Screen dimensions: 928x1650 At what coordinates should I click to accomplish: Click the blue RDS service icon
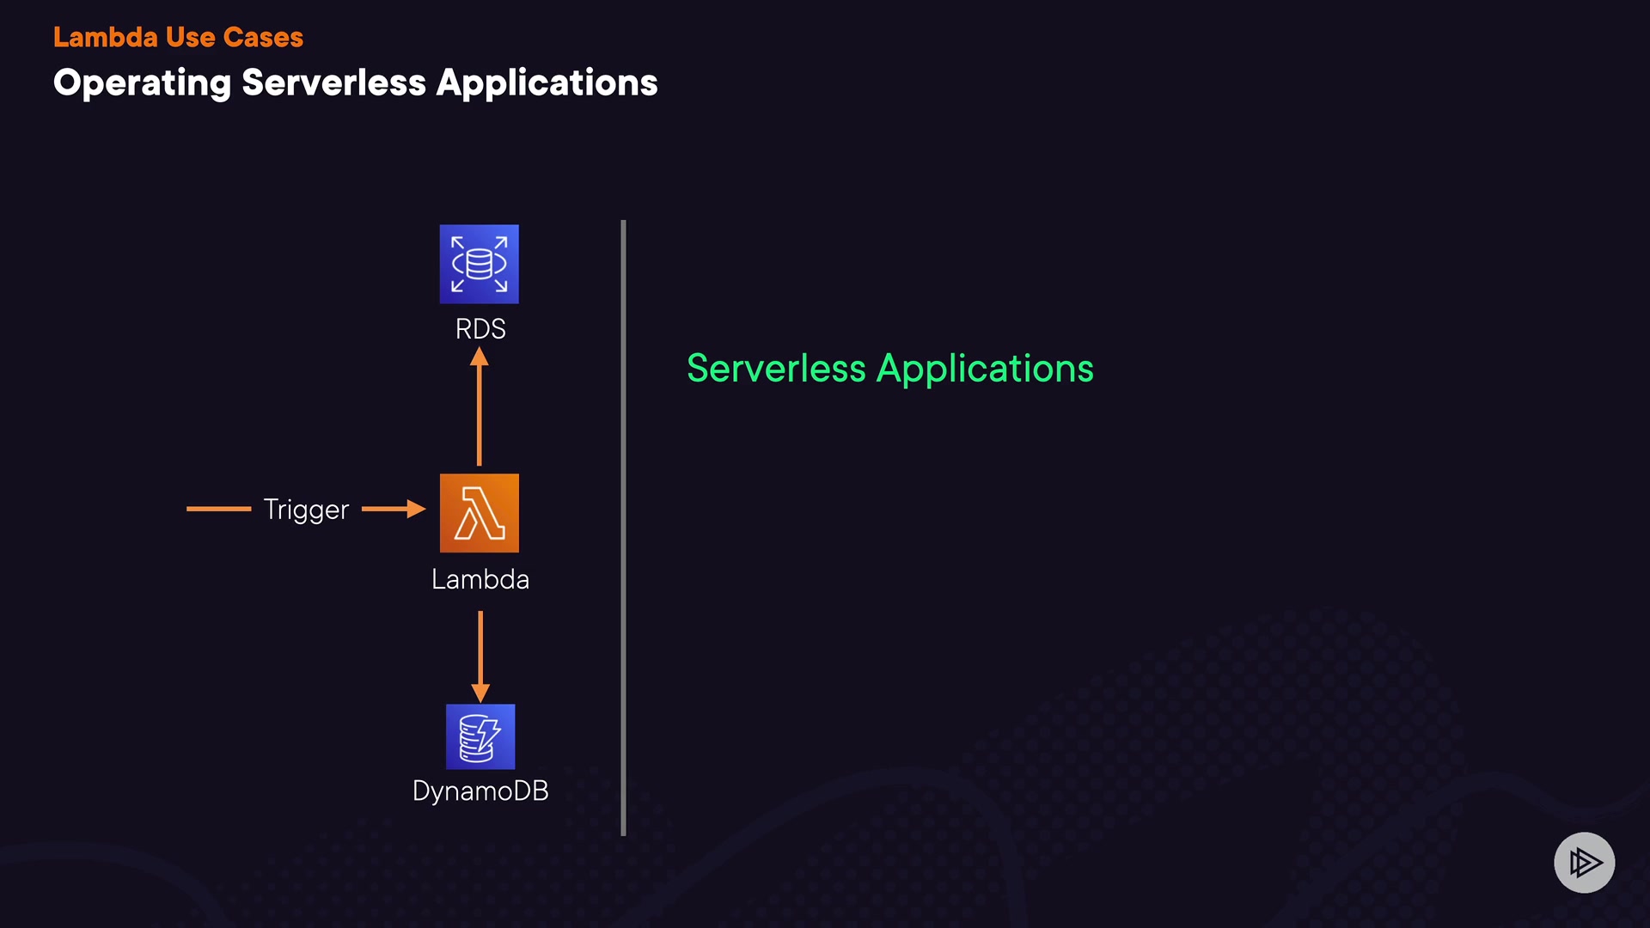(479, 264)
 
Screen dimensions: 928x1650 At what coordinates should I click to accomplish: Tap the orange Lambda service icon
(479, 513)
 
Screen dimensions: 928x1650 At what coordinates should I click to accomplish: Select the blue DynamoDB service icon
(480, 736)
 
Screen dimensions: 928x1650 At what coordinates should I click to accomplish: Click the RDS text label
(480, 329)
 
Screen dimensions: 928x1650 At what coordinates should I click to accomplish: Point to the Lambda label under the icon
(480, 579)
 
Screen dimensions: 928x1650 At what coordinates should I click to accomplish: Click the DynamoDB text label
(480, 791)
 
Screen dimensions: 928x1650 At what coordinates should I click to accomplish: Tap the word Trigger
(306, 510)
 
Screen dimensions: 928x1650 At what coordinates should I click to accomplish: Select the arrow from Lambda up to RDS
(480, 408)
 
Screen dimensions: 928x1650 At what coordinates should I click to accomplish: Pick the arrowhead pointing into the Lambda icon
(416, 509)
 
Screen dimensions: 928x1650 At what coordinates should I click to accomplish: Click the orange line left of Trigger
(218, 509)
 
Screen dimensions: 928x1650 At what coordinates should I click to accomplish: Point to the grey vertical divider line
(623, 528)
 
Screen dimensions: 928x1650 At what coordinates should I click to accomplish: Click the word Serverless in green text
(775, 369)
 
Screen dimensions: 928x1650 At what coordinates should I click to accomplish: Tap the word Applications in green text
(985, 369)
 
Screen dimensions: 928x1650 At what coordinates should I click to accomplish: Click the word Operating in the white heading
(142, 83)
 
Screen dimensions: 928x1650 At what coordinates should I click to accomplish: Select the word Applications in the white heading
(547, 83)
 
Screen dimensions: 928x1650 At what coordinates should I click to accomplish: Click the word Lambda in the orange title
(105, 37)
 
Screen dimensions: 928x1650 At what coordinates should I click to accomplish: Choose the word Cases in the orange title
(263, 37)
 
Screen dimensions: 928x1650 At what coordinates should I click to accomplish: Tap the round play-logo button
(1584, 862)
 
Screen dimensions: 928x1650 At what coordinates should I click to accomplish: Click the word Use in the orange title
(190, 37)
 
